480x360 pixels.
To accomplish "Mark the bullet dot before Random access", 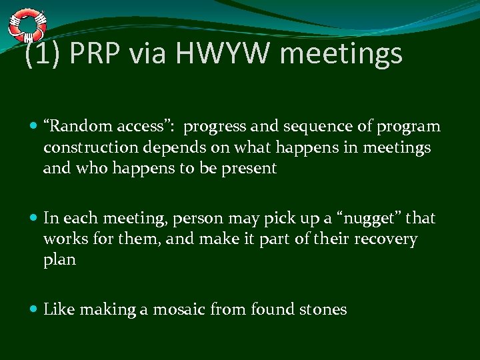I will point(35,127).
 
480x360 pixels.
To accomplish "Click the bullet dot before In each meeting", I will point(35,218).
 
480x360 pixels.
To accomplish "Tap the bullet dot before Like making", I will point(35,309).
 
